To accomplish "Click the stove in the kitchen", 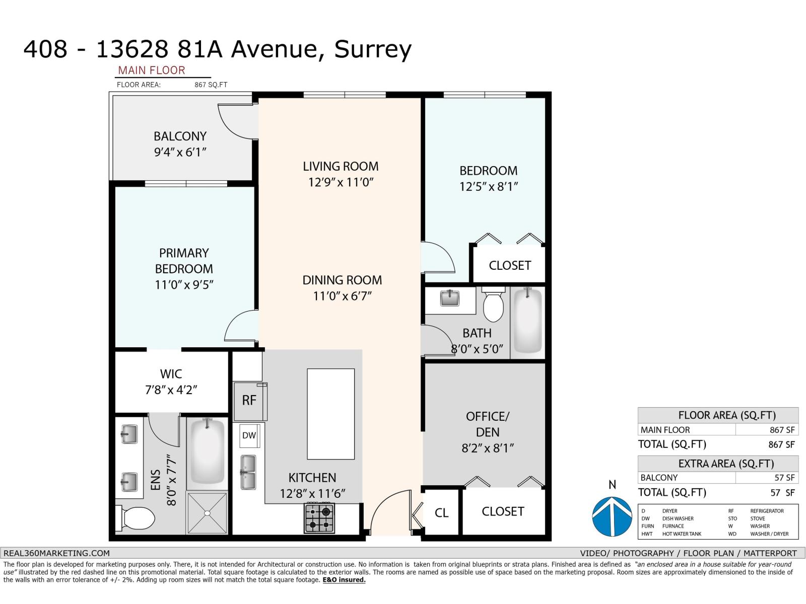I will [319, 518].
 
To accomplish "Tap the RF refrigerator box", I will [249, 401].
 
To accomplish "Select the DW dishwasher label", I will [249, 435].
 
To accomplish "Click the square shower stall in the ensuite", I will [207, 512].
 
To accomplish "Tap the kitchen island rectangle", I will [330, 414].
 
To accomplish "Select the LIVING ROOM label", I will [341, 167].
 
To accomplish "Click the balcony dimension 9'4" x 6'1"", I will [180, 153].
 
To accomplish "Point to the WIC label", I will [171, 374].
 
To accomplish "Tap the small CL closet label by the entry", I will [441, 513].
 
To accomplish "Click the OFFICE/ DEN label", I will [487, 424].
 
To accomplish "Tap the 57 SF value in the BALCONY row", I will [784, 478].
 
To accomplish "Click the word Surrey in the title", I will [373, 49].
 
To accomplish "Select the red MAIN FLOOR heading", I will [152, 70].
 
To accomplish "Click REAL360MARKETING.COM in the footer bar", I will [56, 553].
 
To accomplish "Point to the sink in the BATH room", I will [449, 298].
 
